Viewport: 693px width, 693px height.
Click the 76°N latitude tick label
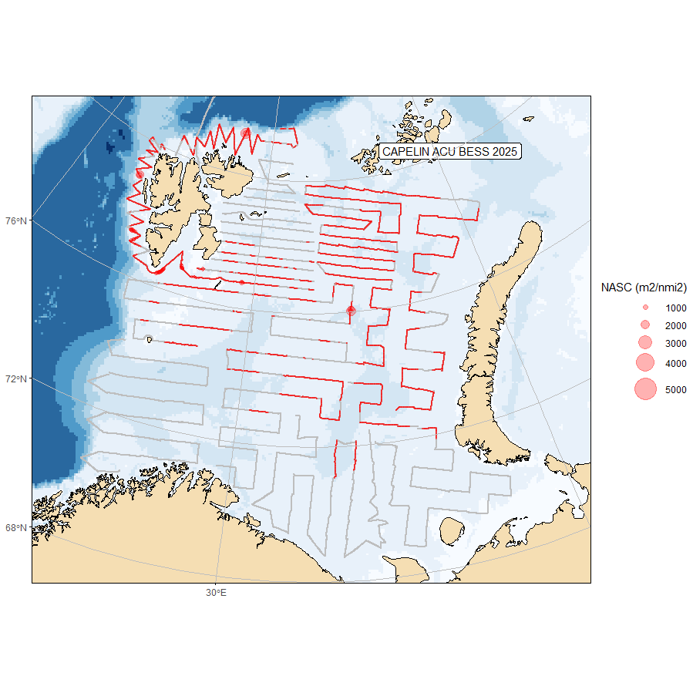(17, 221)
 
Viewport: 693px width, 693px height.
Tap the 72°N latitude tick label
(17, 379)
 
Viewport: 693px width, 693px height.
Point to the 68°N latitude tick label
(17, 528)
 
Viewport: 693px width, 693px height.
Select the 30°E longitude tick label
(216, 592)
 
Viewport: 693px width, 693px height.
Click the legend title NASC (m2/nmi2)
(644, 288)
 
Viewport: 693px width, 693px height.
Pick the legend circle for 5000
(645, 389)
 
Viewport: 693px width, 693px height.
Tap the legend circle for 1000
(645, 307)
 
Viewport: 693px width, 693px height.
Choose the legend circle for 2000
(645, 325)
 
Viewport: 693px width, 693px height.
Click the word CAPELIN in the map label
(406, 152)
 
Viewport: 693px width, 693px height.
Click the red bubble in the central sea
(351, 310)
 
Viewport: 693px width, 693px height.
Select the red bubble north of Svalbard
(246, 133)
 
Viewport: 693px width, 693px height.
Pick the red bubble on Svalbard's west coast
(140, 174)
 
